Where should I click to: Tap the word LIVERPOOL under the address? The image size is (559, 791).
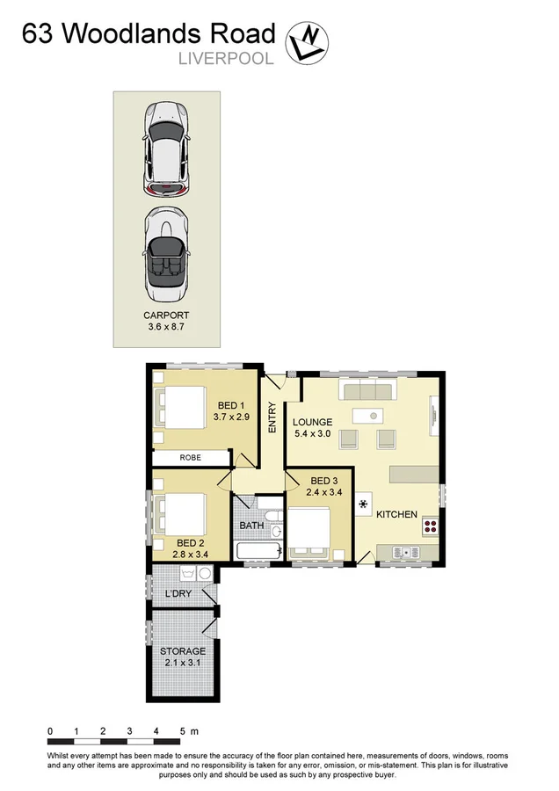(x=226, y=60)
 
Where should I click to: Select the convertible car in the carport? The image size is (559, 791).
(x=166, y=251)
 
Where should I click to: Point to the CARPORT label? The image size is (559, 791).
(x=166, y=315)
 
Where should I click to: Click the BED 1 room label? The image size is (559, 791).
(x=232, y=405)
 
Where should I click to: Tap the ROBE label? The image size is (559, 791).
(x=190, y=458)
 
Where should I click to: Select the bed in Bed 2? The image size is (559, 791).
(x=181, y=512)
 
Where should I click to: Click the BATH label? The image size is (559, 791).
(x=251, y=526)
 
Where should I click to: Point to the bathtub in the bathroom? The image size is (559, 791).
(x=259, y=551)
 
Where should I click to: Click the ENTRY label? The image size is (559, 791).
(x=272, y=418)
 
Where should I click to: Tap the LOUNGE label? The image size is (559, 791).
(x=313, y=422)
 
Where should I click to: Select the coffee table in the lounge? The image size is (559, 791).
(x=369, y=414)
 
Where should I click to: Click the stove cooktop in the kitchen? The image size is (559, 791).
(x=431, y=527)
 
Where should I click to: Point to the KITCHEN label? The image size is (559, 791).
(x=396, y=514)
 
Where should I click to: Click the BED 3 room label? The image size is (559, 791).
(x=324, y=481)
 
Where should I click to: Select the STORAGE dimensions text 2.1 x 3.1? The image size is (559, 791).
(x=183, y=663)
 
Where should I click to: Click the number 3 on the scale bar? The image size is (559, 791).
(x=129, y=731)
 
